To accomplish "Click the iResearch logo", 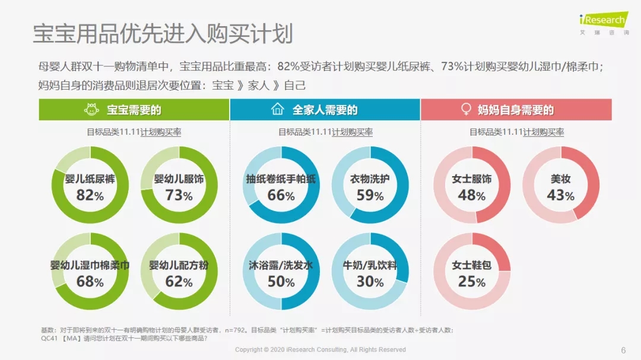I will (603, 21).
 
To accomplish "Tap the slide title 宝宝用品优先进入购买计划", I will (163, 34).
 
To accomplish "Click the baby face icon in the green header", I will (91, 110).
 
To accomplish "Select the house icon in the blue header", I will (277, 110).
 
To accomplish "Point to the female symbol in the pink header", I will (467, 110).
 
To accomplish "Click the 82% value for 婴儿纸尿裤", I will (90, 195).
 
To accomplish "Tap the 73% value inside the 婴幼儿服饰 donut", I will (179, 195).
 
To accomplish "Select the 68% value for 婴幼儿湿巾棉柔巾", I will (90, 281).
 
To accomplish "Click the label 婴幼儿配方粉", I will (179, 265).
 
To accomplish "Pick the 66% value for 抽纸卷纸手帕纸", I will (281, 195).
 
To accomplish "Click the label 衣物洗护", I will (370, 179).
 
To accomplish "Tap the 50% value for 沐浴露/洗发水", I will (281, 281).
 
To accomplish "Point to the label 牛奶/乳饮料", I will (370, 265).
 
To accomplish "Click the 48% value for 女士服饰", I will (472, 195).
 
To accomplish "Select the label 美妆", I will (560, 179).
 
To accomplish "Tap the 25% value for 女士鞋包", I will (472, 281).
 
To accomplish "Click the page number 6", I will (623, 350).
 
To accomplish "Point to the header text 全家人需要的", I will (325, 110).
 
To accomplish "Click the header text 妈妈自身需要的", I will (516, 110).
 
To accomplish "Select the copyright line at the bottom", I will (320, 350).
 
